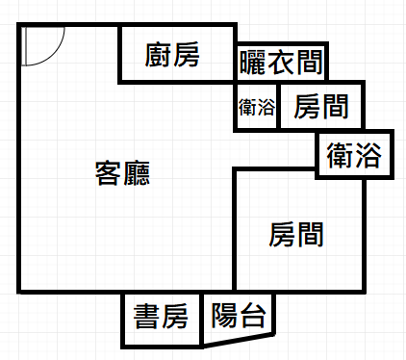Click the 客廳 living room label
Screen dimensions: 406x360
(122, 173)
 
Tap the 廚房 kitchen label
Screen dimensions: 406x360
(172, 55)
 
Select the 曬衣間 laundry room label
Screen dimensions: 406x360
(281, 63)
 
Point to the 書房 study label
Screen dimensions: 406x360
(161, 317)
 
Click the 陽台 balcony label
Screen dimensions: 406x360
(239, 316)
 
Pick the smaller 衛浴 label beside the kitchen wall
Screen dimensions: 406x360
(257, 107)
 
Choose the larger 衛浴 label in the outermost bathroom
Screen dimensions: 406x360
(354, 155)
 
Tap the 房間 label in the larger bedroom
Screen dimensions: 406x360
(296, 235)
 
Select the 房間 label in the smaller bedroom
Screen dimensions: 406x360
(321, 107)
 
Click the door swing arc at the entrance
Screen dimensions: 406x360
(53, 53)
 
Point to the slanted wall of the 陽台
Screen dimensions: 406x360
(239, 341)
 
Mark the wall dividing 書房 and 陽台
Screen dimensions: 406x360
(201, 321)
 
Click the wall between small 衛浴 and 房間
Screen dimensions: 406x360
(278, 106)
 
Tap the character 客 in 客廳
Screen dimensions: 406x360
(108, 173)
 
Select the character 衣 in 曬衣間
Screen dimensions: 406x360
(281, 63)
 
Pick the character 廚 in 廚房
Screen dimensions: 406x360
(158, 55)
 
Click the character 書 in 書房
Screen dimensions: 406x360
(146, 317)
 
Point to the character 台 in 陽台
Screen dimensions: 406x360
(253, 316)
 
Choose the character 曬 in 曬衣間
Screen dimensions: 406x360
(253, 63)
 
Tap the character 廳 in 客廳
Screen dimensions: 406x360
(137, 173)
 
